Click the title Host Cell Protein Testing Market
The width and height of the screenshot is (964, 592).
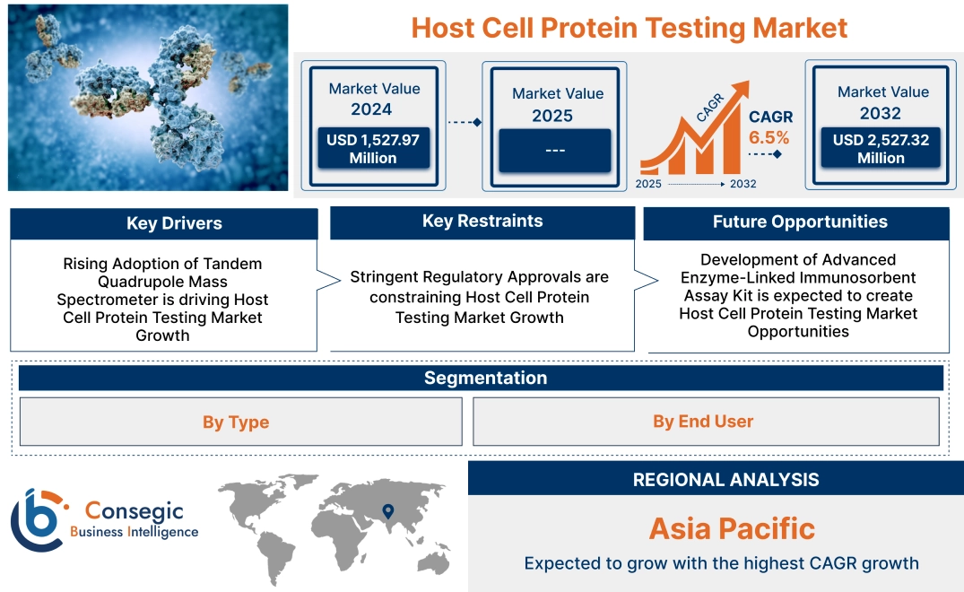[x=629, y=27]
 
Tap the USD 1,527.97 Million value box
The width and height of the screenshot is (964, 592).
[x=373, y=149]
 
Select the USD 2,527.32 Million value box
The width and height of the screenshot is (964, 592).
[x=881, y=149]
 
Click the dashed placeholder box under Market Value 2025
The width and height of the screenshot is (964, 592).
[x=554, y=150]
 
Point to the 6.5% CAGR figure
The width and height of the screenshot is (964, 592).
[x=769, y=137]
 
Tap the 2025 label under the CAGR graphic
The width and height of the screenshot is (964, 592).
[x=650, y=184]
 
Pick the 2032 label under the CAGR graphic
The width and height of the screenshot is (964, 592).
[x=743, y=184]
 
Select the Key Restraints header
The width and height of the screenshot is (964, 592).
[x=482, y=222]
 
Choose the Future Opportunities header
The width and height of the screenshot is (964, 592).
[x=800, y=222]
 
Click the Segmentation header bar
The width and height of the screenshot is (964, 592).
[x=485, y=378]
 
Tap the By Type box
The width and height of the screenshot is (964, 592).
[x=236, y=422]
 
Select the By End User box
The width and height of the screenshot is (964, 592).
[x=703, y=422]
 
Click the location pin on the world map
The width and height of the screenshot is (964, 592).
[x=387, y=511]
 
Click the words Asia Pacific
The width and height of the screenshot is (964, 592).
[x=732, y=528]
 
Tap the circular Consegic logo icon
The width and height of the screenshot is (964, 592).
[x=36, y=520]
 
